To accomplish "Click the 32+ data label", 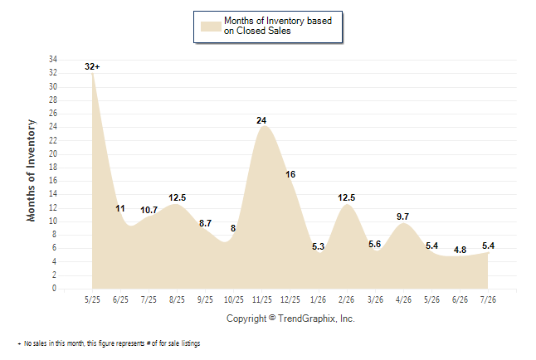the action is click(x=92, y=66).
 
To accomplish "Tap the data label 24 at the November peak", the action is click(x=261, y=120).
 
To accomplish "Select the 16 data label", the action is click(x=290, y=174).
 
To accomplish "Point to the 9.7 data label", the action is click(x=402, y=216).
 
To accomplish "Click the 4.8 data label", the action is click(x=460, y=250).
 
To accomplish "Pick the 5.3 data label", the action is click(x=318, y=246).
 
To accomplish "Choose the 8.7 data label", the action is click(x=205, y=223).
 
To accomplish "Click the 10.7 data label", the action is click(x=149, y=210).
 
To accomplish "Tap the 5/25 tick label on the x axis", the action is click(x=92, y=299).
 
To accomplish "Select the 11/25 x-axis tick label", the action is click(x=262, y=299).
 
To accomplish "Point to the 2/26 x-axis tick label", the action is click(x=346, y=299).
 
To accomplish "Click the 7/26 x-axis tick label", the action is click(x=488, y=299).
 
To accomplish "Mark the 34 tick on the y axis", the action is click(x=53, y=59).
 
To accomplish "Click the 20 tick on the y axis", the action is click(x=53, y=153).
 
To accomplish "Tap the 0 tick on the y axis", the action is click(x=54, y=288).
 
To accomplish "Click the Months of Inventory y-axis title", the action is click(x=31, y=170).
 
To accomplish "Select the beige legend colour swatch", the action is click(x=211, y=27).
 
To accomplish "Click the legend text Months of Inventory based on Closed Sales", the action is click(x=278, y=26).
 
